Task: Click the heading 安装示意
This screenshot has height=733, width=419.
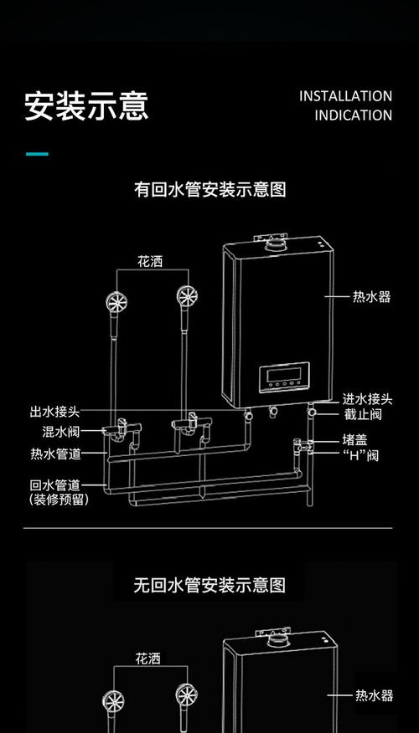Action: click(86, 106)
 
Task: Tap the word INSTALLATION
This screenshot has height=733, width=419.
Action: click(345, 96)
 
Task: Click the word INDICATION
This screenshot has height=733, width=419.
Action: click(353, 115)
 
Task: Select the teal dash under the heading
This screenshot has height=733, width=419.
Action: click(37, 154)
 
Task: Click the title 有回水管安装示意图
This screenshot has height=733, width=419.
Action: click(210, 190)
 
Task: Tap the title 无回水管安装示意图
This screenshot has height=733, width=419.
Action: click(209, 585)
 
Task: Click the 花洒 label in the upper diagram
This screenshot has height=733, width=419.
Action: click(150, 262)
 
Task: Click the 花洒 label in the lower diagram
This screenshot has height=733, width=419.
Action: click(149, 659)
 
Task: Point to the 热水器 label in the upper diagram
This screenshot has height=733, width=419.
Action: click(371, 297)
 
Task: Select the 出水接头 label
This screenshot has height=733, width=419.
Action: click(54, 412)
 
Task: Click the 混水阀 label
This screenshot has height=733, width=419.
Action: click(61, 432)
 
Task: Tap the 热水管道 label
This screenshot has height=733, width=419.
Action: click(55, 454)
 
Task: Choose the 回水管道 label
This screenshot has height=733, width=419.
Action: click(55, 484)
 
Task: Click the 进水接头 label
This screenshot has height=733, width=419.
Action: click(366, 398)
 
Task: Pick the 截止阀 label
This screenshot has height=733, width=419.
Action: click(363, 414)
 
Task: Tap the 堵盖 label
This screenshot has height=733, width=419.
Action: click(354, 439)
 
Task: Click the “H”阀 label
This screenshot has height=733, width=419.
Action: click(360, 455)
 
